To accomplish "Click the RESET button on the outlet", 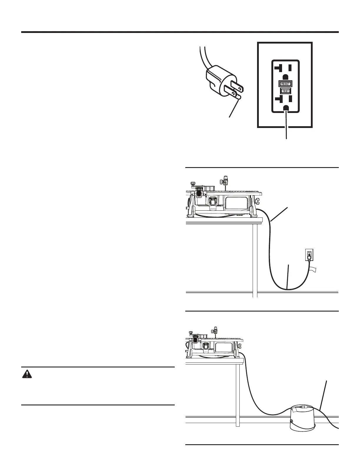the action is click(285, 84).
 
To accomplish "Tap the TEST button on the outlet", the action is click(285, 91).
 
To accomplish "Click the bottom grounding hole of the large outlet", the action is click(285, 109).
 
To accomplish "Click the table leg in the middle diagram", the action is click(255, 259).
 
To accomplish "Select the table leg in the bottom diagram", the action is click(238, 394).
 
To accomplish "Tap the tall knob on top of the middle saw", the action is click(226, 179).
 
